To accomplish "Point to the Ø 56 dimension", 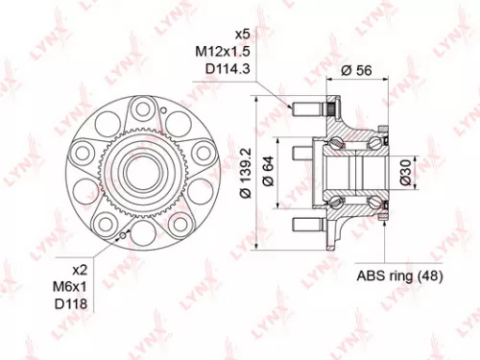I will (x=357, y=70).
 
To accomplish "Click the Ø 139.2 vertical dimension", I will (x=248, y=173).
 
